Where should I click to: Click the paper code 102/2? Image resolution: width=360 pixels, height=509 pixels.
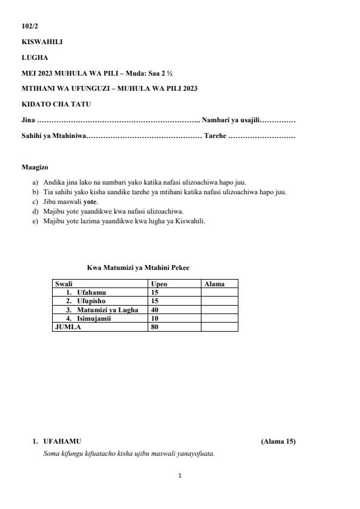[x=30, y=26]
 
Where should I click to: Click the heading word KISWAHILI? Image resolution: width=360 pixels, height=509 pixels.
[x=42, y=42]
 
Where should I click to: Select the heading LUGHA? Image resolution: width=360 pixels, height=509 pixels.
[x=34, y=57]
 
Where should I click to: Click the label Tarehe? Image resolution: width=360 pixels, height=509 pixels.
[x=215, y=136]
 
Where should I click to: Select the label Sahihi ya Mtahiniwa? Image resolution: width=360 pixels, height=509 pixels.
[x=54, y=136]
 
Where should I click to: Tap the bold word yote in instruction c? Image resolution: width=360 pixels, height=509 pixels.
[x=90, y=201]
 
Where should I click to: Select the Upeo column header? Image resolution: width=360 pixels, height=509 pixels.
[x=159, y=283]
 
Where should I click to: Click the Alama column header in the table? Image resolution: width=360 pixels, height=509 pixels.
[x=215, y=283]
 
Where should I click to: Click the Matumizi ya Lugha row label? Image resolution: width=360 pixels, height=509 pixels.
[x=107, y=310]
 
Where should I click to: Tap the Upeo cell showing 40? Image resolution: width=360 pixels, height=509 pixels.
[x=155, y=310]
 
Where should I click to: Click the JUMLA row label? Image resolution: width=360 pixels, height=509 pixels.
[x=68, y=327]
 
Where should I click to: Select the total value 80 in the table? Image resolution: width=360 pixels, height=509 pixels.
[x=155, y=327]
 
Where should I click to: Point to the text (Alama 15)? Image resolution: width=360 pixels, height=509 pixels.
[x=278, y=441]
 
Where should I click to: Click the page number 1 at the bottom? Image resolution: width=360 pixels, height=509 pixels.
[x=180, y=476]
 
